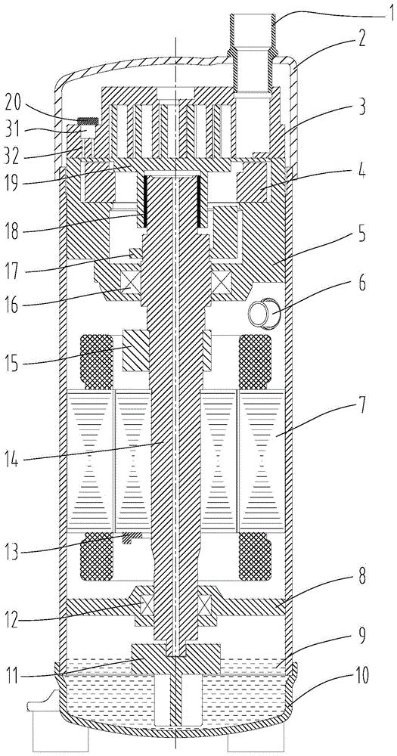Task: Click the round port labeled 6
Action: click(259, 313)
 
